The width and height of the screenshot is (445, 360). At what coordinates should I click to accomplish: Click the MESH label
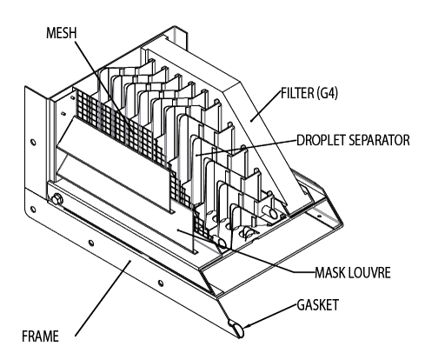tap(62, 33)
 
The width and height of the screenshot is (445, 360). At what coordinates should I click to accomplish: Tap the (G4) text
tap(328, 94)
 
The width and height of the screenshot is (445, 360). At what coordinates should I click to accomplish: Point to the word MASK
tap(330, 272)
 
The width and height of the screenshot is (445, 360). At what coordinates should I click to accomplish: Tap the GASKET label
tap(318, 305)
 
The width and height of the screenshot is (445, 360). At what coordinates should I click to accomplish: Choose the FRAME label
tap(40, 337)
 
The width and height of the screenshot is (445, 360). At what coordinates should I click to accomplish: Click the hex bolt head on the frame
tap(56, 200)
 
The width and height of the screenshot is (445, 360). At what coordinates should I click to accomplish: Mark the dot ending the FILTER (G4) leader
tap(252, 120)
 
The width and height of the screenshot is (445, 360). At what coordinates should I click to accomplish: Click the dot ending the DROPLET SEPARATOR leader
tap(196, 155)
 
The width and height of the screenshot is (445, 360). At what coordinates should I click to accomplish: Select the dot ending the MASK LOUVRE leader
tap(178, 230)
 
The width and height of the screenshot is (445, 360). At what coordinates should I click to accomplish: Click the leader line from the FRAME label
tap(103, 298)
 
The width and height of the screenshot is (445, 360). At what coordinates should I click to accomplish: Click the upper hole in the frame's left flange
tap(33, 143)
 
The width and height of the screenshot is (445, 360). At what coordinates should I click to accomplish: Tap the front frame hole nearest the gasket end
tap(160, 283)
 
